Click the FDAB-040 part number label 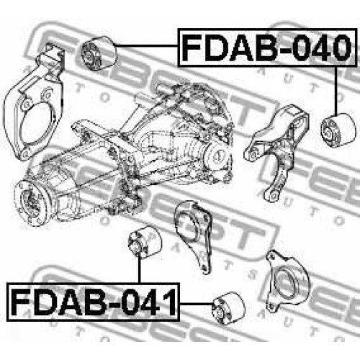266,48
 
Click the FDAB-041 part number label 93,302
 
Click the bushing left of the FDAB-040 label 99,53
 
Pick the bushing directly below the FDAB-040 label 338,130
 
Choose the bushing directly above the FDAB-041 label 145,242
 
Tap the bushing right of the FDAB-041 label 229,308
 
